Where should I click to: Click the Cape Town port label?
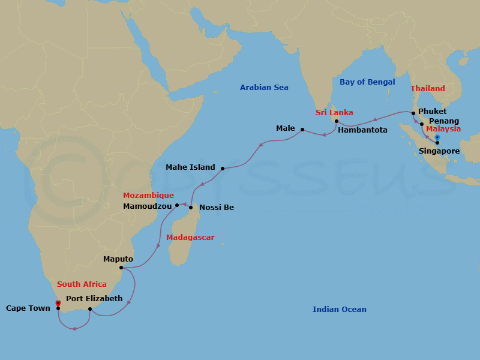click(x=28, y=308)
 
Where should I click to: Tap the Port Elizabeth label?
click(x=94, y=299)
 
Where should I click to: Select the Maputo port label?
click(x=118, y=259)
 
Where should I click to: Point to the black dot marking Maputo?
click(x=121, y=268)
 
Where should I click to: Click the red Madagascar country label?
click(x=190, y=238)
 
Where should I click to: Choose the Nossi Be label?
click(x=217, y=208)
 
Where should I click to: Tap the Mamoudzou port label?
click(x=146, y=206)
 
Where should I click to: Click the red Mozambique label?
click(x=148, y=196)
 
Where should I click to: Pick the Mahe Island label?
click(x=190, y=168)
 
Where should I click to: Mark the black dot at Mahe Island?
click(x=223, y=169)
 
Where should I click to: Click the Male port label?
click(x=286, y=128)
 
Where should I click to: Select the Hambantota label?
click(x=362, y=130)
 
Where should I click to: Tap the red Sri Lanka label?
click(x=334, y=113)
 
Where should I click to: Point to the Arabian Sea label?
click(x=264, y=88)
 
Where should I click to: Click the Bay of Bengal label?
click(x=367, y=82)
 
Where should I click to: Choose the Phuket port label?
click(x=432, y=112)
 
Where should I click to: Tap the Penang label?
click(x=444, y=121)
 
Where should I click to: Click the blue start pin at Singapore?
click(x=437, y=138)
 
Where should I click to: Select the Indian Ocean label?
click(x=339, y=310)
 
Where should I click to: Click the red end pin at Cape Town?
click(x=58, y=304)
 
